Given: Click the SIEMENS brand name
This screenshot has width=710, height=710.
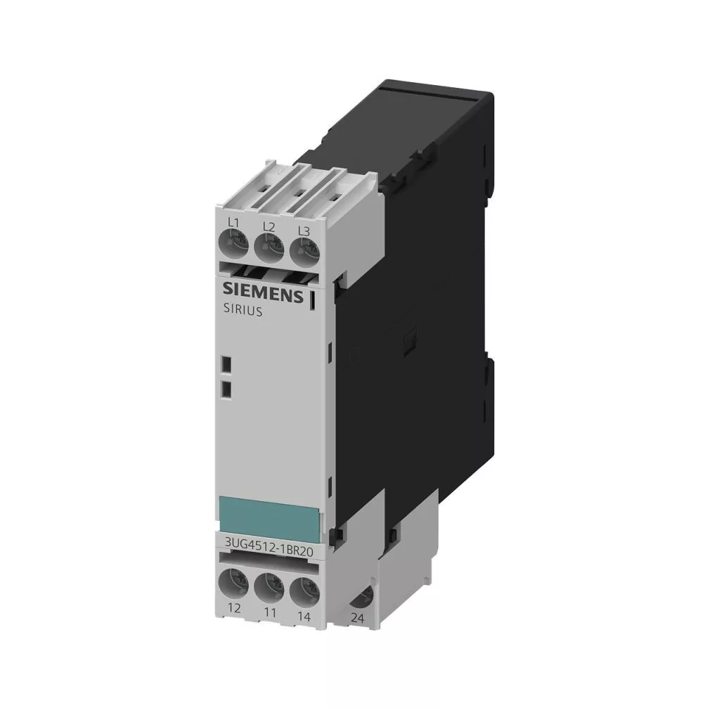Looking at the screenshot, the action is point(263,292).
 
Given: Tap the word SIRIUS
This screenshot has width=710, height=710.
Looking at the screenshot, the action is point(243,311).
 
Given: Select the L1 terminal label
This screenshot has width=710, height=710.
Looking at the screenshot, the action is point(233,222).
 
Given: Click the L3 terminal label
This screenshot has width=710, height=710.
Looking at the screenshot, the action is point(304,231).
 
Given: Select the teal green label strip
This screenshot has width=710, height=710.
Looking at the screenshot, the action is point(271,516).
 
